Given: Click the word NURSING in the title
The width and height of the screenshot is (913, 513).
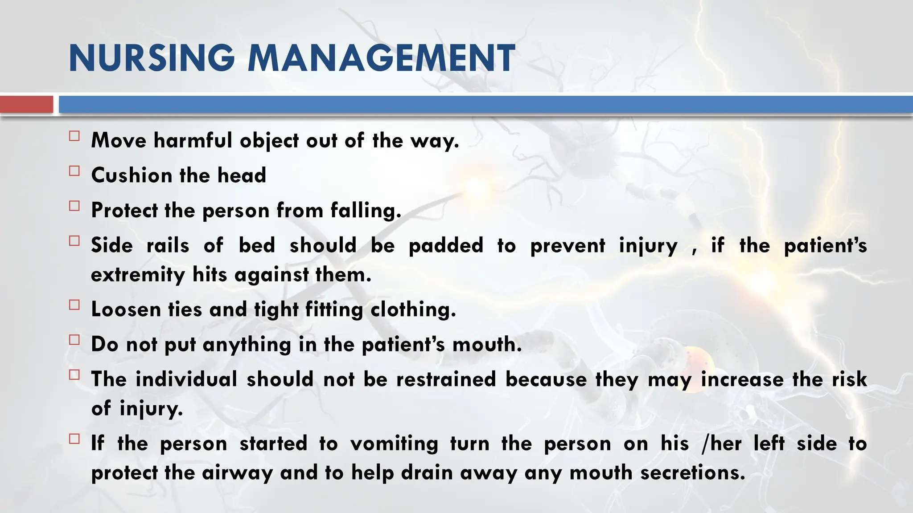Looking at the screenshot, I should point(152,58).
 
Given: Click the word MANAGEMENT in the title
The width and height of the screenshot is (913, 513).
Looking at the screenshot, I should point(381,58).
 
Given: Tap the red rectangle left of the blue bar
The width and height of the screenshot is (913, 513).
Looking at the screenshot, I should point(26,105).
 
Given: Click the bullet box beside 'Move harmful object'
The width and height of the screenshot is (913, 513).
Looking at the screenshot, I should point(74,136).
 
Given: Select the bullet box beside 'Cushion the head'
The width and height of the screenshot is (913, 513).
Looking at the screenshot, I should point(74,171).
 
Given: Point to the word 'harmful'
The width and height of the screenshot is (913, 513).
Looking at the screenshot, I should point(193,140).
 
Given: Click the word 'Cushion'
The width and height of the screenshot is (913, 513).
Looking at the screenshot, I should point(132,175).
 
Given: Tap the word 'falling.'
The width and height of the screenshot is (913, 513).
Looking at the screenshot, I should point(366,211).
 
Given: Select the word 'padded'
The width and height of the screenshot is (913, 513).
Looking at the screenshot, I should point(446,246).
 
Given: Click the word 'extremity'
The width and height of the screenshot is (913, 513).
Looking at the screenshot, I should point(138,275).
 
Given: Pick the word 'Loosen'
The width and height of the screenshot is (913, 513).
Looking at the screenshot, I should point(126,309).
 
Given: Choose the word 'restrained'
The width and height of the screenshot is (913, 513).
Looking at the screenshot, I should point(446,379).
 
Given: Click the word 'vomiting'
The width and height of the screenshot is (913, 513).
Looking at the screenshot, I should point(394,444).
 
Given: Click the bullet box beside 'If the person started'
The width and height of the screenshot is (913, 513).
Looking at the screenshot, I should point(74,439).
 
